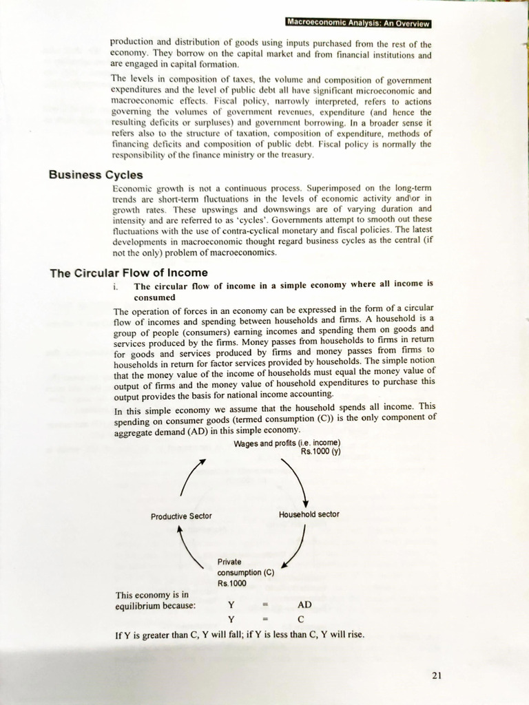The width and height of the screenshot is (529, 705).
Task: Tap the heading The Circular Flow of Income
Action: point(129,273)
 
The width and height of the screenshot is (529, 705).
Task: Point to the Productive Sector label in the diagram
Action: point(181,516)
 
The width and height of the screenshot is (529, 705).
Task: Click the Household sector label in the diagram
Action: point(309,514)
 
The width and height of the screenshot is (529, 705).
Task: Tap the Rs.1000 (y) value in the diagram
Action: point(320,452)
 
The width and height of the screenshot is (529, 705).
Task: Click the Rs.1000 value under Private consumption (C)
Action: point(231,583)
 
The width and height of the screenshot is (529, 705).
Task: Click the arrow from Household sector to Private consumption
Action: point(296,547)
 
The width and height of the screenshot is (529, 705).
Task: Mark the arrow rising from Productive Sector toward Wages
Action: point(193,476)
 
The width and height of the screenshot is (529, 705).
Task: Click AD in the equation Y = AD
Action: point(304,604)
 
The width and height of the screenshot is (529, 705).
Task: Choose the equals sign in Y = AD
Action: point(265,605)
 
